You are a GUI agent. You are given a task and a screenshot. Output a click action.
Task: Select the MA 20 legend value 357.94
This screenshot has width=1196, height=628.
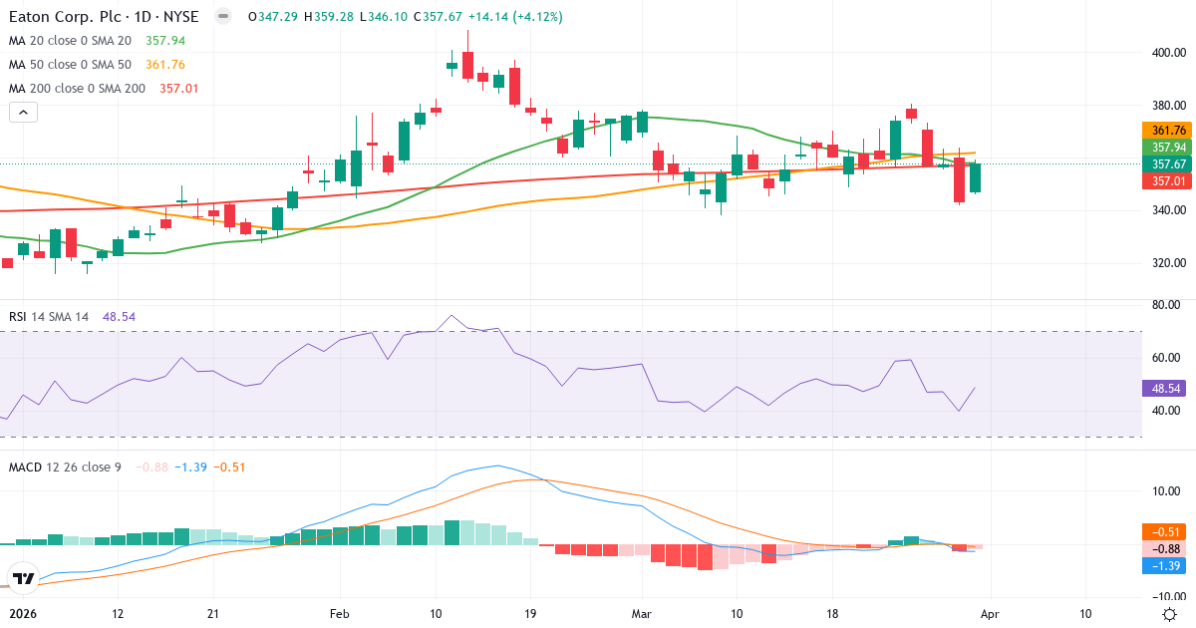pos(165,41)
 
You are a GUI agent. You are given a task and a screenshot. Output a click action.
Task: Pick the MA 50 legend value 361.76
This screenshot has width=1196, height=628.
pos(165,65)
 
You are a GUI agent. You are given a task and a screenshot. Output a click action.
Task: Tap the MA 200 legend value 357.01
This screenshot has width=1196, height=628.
pos(171,89)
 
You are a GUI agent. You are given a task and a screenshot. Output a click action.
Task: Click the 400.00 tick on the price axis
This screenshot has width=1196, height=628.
pos(1168,53)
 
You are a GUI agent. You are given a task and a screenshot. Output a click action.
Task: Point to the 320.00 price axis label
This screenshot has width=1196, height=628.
pos(1168,263)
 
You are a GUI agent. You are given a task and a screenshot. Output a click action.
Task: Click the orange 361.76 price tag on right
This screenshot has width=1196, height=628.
pos(1167,131)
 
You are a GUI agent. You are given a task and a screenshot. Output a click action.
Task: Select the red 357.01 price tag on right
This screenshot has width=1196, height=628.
pos(1167,180)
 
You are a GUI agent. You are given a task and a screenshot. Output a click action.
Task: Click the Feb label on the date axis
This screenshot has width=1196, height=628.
pos(341,614)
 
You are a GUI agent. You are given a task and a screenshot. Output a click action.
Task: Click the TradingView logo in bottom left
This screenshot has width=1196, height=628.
pos(24,578)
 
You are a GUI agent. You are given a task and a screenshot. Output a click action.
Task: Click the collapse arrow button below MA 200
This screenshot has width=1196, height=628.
pos(23,113)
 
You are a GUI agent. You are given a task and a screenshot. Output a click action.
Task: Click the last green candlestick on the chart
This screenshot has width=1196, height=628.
pos(976,177)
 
